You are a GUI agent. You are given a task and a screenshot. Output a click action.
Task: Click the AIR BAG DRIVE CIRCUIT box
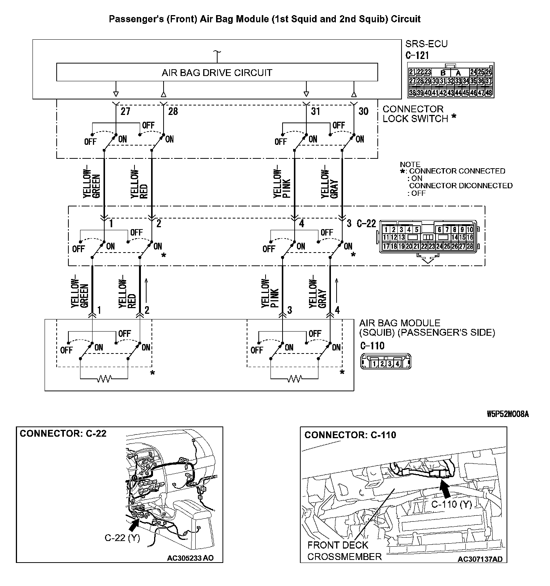[x=217, y=72]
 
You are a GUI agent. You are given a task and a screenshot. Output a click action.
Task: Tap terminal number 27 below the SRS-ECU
[x=125, y=111]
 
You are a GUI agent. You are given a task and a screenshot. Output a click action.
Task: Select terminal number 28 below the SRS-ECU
[x=173, y=111]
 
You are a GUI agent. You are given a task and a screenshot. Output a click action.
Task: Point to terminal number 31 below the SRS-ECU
[x=315, y=111]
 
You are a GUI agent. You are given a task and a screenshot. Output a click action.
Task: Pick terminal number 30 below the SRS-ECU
[x=363, y=111]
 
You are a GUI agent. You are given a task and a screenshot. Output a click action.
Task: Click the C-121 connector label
[x=417, y=56]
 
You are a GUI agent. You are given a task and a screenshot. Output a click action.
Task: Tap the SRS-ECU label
[x=426, y=44]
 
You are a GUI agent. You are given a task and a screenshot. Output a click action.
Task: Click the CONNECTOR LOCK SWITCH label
[x=415, y=114]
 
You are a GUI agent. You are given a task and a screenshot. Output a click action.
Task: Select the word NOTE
[x=410, y=164]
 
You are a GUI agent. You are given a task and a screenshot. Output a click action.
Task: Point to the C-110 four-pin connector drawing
[x=386, y=362]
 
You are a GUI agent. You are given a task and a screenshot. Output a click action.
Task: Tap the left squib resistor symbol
[x=104, y=378]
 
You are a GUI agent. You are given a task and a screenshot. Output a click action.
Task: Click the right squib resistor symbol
[x=294, y=378]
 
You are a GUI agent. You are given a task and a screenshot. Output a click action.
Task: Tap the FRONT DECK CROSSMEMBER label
[x=344, y=551]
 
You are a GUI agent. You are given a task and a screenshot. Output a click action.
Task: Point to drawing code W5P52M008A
[x=507, y=414]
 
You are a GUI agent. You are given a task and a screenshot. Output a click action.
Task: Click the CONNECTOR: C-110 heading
[x=350, y=435]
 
